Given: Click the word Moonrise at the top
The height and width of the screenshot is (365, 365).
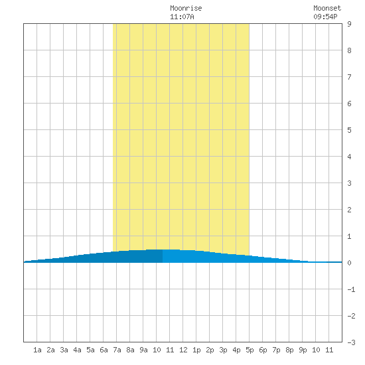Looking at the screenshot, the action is tap(186, 8).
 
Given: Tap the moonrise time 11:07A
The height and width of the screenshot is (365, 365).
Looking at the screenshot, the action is tap(182, 17).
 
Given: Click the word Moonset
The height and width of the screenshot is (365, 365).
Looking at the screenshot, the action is tap(327, 8).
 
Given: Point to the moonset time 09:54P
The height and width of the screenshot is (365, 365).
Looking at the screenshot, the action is tap(325, 17).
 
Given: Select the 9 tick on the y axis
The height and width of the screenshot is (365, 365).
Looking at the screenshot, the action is tap(349, 24).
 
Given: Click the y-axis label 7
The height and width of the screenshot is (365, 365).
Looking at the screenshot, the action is tap(349, 77).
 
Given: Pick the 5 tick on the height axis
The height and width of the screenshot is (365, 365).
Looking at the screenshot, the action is tap(349, 130).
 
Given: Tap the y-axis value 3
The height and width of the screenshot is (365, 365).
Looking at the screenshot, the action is tap(349, 183).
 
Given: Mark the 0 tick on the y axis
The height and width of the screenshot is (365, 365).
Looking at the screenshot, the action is tap(349, 263).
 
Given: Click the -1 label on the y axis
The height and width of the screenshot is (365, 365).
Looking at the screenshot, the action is tap(351, 289).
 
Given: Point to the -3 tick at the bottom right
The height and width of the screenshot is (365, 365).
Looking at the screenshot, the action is tap(351, 342).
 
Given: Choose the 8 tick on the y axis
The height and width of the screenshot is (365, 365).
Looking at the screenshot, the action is tap(349, 50).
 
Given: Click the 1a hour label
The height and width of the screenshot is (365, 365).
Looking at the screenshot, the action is tap(37, 350).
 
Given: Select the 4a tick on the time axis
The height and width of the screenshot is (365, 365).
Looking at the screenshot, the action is tap(77, 350).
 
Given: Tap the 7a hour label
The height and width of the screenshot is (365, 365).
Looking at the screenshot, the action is tap(117, 350).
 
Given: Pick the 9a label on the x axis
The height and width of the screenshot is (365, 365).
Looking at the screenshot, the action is tap(143, 350).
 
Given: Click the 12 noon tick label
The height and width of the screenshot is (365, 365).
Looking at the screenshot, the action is tap(183, 350).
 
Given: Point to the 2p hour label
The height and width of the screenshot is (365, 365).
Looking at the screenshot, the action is tap(210, 350).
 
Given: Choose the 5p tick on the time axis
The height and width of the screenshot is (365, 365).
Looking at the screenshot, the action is tap(250, 350).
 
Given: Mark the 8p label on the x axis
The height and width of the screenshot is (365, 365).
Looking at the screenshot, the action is tap(289, 350).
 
